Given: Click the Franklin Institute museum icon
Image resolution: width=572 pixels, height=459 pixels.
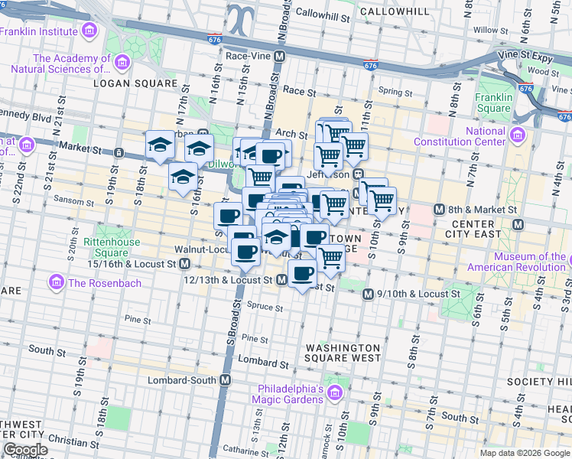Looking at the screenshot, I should [x=89, y=31].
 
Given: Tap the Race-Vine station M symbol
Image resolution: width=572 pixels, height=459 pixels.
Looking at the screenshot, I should [x=281, y=56].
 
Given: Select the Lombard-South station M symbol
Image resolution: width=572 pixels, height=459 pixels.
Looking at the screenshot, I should [x=226, y=380].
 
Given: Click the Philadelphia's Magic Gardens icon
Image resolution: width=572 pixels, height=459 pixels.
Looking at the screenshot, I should [x=333, y=393].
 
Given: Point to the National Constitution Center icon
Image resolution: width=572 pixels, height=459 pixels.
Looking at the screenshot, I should [x=518, y=135].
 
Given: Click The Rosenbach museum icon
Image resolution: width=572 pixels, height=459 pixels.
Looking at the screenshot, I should [x=56, y=283].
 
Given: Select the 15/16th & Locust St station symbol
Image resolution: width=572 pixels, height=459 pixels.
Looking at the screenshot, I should [x=184, y=264].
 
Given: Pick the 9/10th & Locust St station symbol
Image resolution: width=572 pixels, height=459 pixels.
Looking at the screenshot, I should [x=368, y=294].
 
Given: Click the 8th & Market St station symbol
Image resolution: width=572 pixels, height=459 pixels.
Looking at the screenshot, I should [x=439, y=209].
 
